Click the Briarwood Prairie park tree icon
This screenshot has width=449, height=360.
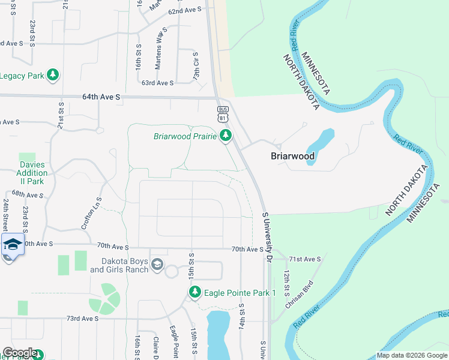(x=226, y=136)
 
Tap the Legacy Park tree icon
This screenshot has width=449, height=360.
(x=53, y=76)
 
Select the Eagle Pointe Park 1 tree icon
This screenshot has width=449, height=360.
(x=194, y=293)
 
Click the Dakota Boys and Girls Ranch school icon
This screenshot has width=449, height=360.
(x=157, y=265)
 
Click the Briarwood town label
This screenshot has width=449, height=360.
(x=292, y=156)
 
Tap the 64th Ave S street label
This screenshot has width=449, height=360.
(x=101, y=96)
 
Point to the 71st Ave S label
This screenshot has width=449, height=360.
(x=304, y=259)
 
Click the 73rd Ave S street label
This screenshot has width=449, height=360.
(x=82, y=319)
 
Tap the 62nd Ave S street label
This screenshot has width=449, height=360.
(x=184, y=11)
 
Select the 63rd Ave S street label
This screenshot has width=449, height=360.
(x=157, y=83)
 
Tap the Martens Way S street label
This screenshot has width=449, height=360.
(x=160, y=44)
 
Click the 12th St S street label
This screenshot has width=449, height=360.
(x=287, y=281)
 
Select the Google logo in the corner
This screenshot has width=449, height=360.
(x=20, y=353)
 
